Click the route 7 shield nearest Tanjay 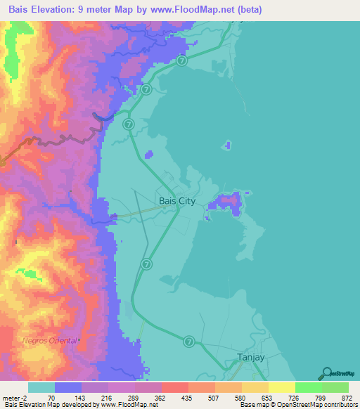(x=189, y=341)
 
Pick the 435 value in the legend (x=186, y=398)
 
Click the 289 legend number (x=133, y=398)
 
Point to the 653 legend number (x=266, y=398)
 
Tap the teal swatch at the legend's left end (x=41, y=387)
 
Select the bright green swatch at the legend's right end (x=335, y=387)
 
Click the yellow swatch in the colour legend (x=282, y=387)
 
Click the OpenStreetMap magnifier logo (x=326, y=373)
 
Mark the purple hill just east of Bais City (x=228, y=203)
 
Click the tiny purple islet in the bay (x=226, y=145)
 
